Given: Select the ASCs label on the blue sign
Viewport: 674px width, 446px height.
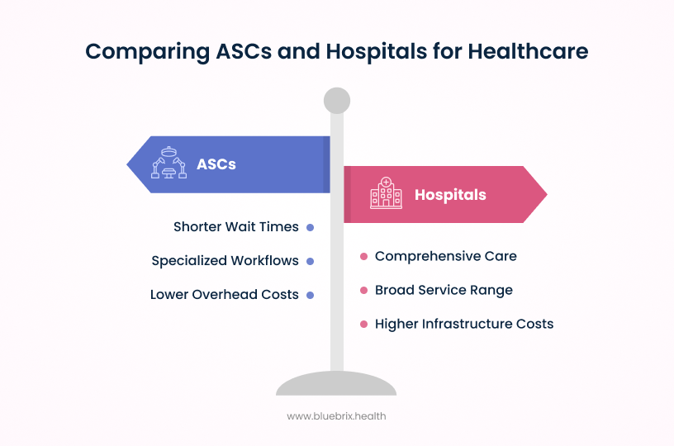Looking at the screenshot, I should [x=216, y=164].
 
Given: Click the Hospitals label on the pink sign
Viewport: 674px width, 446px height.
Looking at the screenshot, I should [x=450, y=195].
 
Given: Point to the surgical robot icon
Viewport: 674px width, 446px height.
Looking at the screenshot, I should [x=169, y=163].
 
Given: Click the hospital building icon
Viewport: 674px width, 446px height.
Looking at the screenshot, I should [x=386, y=193].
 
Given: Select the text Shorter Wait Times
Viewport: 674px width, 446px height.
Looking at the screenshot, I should [x=236, y=226].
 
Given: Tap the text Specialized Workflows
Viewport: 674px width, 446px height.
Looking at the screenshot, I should [x=225, y=260].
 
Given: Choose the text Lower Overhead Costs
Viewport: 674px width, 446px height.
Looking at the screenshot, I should [x=225, y=294].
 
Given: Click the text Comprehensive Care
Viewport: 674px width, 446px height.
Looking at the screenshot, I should [x=446, y=256].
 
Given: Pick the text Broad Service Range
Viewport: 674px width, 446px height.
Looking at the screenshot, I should [x=444, y=290].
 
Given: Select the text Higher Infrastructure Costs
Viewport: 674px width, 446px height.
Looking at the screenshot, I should [x=464, y=324].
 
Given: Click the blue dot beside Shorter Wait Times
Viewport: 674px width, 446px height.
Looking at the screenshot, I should [x=310, y=227].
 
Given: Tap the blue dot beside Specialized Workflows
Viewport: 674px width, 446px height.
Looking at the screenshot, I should [x=310, y=261].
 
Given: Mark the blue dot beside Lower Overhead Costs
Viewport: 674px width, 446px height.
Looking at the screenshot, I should [x=310, y=295].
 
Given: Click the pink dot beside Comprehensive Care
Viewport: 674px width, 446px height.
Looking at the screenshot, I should [x=363, y=257].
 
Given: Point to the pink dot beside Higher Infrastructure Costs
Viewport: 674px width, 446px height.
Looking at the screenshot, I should [x=363, y=325].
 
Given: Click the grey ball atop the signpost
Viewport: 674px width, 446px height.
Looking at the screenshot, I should [x=337, y=101].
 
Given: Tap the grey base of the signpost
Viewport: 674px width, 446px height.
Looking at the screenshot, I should [x=336, y=385].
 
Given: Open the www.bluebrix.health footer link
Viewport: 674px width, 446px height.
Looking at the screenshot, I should [x=336, y=416].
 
